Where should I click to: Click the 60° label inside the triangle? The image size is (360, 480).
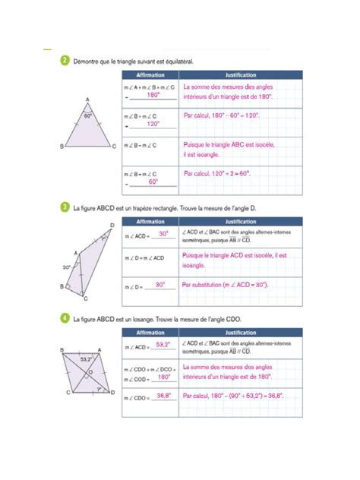(88, 115)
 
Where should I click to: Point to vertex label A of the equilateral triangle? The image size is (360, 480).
(88, 99)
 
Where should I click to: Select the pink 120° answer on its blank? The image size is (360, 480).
(153, 123)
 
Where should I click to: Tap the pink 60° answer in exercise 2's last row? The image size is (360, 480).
(153, 182)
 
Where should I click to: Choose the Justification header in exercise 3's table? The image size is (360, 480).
(241, 221)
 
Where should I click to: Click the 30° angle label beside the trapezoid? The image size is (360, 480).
(67, 267)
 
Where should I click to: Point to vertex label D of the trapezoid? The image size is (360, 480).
(112, 226)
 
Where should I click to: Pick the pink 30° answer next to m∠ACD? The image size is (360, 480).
(163, 235)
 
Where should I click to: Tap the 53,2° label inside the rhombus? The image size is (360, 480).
(85, 358)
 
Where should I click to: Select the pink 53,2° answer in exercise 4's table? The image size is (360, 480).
(162, 344)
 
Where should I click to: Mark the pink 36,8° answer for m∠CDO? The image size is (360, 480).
(163, 396)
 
